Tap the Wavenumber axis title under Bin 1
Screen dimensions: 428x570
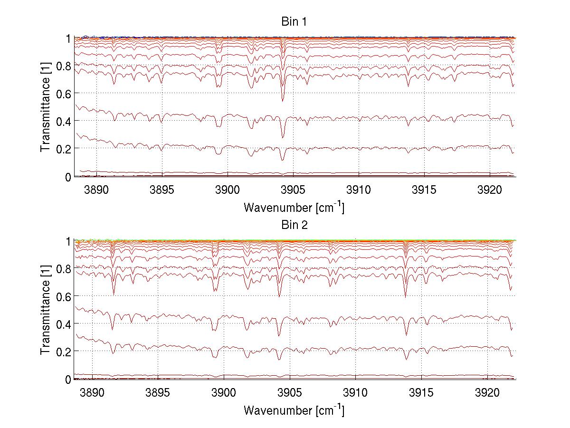(x=293, y=207)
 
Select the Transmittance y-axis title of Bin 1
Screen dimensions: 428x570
(x=45, y=107)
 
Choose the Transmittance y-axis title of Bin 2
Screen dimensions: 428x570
(x=45, y=310)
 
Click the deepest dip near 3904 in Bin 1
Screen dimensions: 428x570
(x=282, y=101)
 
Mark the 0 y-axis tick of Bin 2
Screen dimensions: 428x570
(x=68, y=380)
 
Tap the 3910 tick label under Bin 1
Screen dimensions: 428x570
(x=359, y=190)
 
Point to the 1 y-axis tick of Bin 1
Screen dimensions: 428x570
(x=68, y=38)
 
